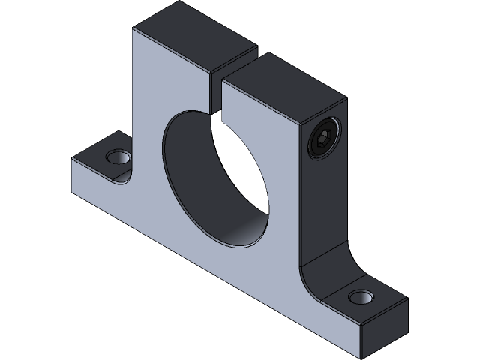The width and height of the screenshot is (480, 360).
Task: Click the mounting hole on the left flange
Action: pyautogui.click(x=117, y=158)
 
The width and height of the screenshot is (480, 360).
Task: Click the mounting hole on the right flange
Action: pyautogui.click(x=363, y=297)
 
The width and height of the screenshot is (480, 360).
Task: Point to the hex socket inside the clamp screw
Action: pyautogui.click(x=322, y=139)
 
